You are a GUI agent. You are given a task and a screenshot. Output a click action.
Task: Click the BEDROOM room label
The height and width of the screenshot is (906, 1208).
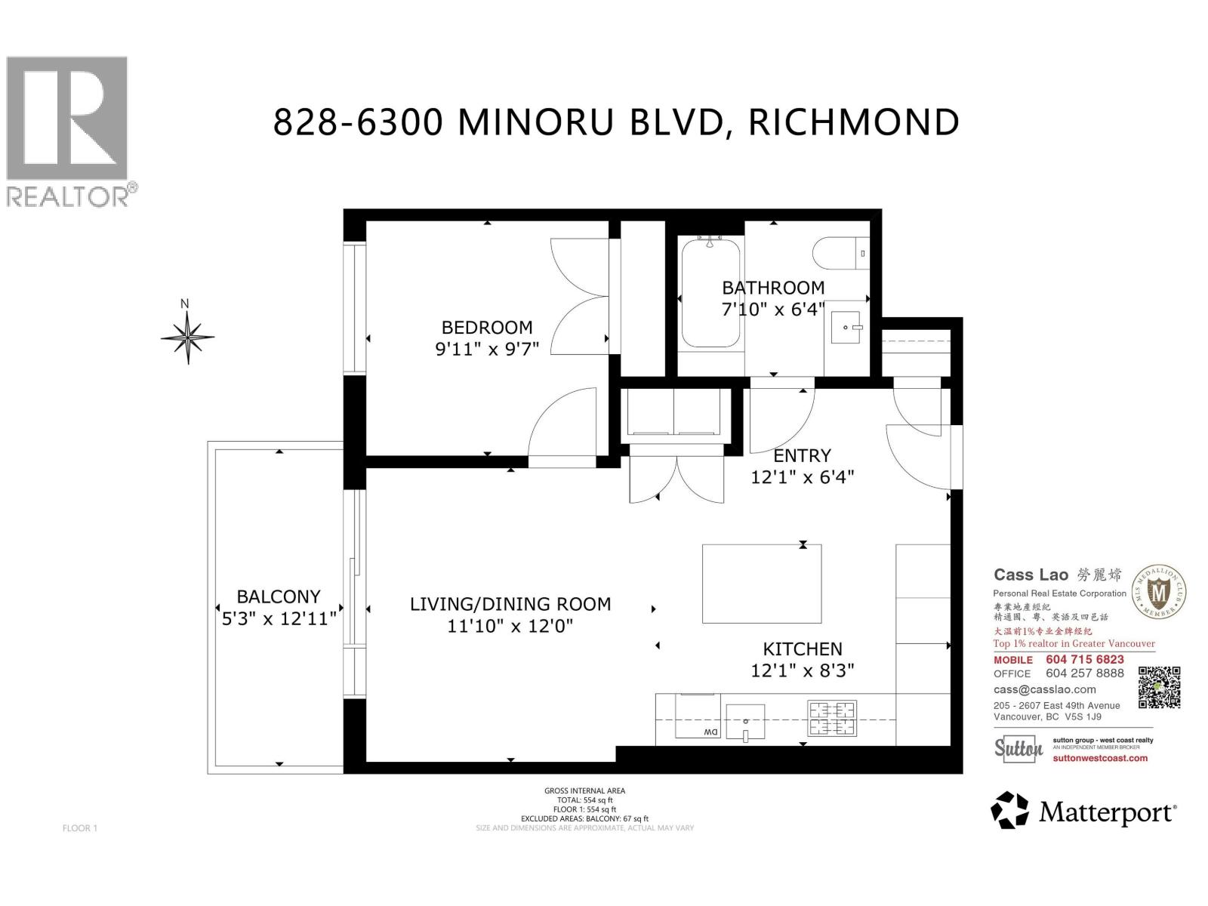487,328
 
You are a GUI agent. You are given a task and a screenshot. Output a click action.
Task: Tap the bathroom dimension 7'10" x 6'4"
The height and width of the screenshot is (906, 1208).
773,309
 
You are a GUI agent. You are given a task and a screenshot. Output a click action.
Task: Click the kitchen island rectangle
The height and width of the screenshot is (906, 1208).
762,584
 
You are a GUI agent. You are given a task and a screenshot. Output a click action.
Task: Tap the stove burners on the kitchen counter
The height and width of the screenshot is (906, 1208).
832,718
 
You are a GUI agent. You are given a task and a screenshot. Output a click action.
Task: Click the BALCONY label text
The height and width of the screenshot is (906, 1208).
279,596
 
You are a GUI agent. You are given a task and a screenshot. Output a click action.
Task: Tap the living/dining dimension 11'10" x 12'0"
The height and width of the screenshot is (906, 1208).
510,626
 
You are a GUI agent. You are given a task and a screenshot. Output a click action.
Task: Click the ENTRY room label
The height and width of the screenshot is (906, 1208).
802,456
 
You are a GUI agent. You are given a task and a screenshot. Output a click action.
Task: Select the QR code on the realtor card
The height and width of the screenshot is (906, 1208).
1159,687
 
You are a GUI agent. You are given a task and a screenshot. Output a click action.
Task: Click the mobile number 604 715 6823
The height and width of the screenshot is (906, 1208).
1085,659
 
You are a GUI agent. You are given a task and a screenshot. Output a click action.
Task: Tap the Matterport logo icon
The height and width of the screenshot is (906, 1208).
1009,810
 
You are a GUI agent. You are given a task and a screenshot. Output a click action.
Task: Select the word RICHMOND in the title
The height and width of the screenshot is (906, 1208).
854,122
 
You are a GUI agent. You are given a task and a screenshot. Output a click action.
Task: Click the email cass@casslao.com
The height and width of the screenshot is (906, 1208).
1045,689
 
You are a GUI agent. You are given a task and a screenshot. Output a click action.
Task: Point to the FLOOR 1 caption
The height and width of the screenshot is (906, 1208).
80,828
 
